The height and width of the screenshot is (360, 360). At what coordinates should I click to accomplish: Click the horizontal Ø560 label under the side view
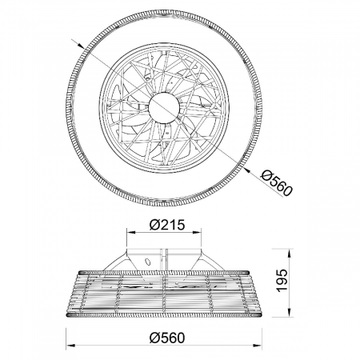click(x=167, y=338)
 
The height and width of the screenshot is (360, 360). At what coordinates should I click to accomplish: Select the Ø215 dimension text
click(x=167, y=225)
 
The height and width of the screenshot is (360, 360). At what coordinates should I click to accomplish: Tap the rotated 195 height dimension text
click(x=282, y=281)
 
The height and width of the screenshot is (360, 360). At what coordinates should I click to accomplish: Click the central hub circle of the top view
click(x=164, y=108)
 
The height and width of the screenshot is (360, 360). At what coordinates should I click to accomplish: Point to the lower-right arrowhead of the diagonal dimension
click(x=247, y=170)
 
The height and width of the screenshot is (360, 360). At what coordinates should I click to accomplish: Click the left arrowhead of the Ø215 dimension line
click(x=130, y=233)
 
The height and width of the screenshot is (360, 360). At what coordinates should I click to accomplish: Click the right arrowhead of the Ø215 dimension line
click(x=197, y=233)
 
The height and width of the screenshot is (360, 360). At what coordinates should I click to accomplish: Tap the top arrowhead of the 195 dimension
click(x=289, y=254)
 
